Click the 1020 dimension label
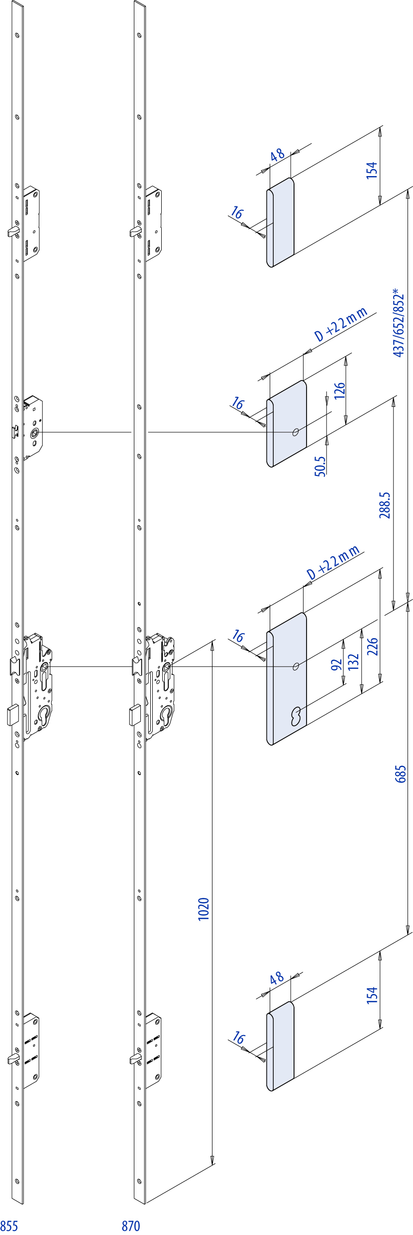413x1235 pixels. pos(204,909)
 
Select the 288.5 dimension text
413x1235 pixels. pos(385,505)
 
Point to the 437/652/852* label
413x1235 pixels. pos(399,322)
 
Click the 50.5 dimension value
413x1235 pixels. pos(320,467)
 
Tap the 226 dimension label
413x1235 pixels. pos(373,647)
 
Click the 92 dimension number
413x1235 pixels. pos(337,665)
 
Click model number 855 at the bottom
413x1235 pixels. pos(9,1226)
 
